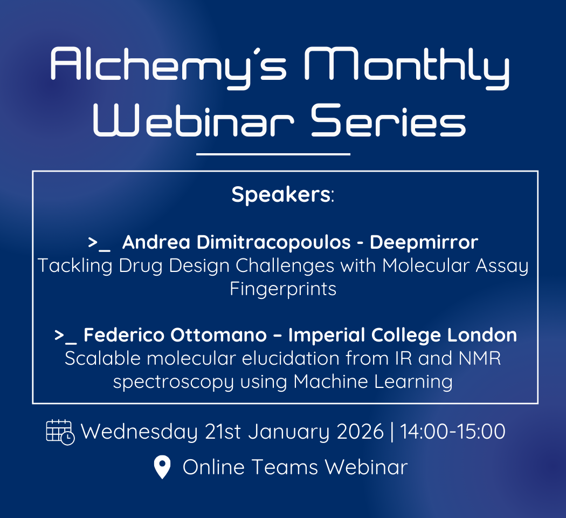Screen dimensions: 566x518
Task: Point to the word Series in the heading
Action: (x=389, y=120)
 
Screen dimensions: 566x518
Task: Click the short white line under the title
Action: (x=273, y=154)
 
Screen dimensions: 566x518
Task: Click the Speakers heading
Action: (x=283, y=195)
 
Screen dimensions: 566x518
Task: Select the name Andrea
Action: (x=156, y=242)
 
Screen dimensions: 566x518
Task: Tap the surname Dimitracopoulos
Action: (x=274, y=243)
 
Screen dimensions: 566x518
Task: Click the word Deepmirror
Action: (x=424, y=243)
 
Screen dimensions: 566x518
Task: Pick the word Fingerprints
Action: (x=283, y=290)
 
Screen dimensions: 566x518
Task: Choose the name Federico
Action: (x=124, y=335)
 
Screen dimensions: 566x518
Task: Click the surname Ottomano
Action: (x=218, y=335)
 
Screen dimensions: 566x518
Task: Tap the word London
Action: (x=482, y=335)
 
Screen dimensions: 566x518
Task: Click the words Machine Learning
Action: (x=373, y=383)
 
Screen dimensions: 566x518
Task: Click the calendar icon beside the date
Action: (x=60, y=432)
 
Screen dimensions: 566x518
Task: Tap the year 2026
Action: (x=360, y=432)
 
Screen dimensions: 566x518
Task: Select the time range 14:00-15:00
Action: (x=453, y=432)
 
